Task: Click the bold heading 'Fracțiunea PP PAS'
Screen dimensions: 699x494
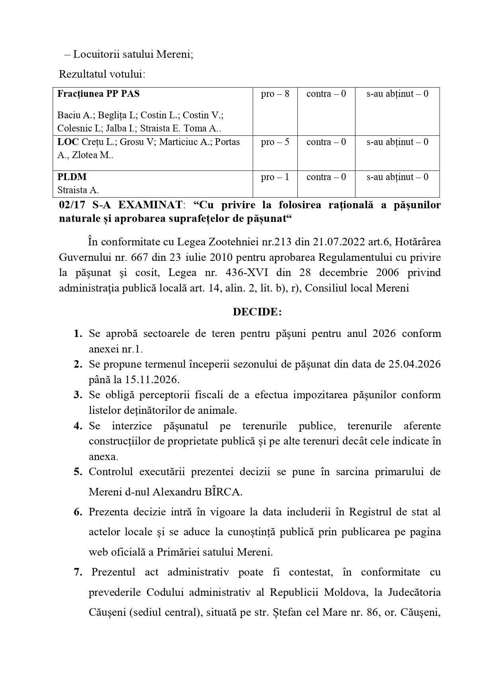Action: point(98,94)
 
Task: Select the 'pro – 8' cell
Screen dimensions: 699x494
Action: point(275,94)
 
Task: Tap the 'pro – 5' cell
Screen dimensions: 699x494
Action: point(275,142)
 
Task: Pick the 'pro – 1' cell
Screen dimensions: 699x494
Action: point(275,177)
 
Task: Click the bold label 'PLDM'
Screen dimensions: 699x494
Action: point(72,177)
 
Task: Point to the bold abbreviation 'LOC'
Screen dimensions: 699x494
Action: point(68,142)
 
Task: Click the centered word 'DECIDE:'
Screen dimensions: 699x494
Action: point(257,312)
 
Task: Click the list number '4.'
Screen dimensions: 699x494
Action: point(78,426)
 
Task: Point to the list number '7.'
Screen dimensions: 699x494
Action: point(78,572)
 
